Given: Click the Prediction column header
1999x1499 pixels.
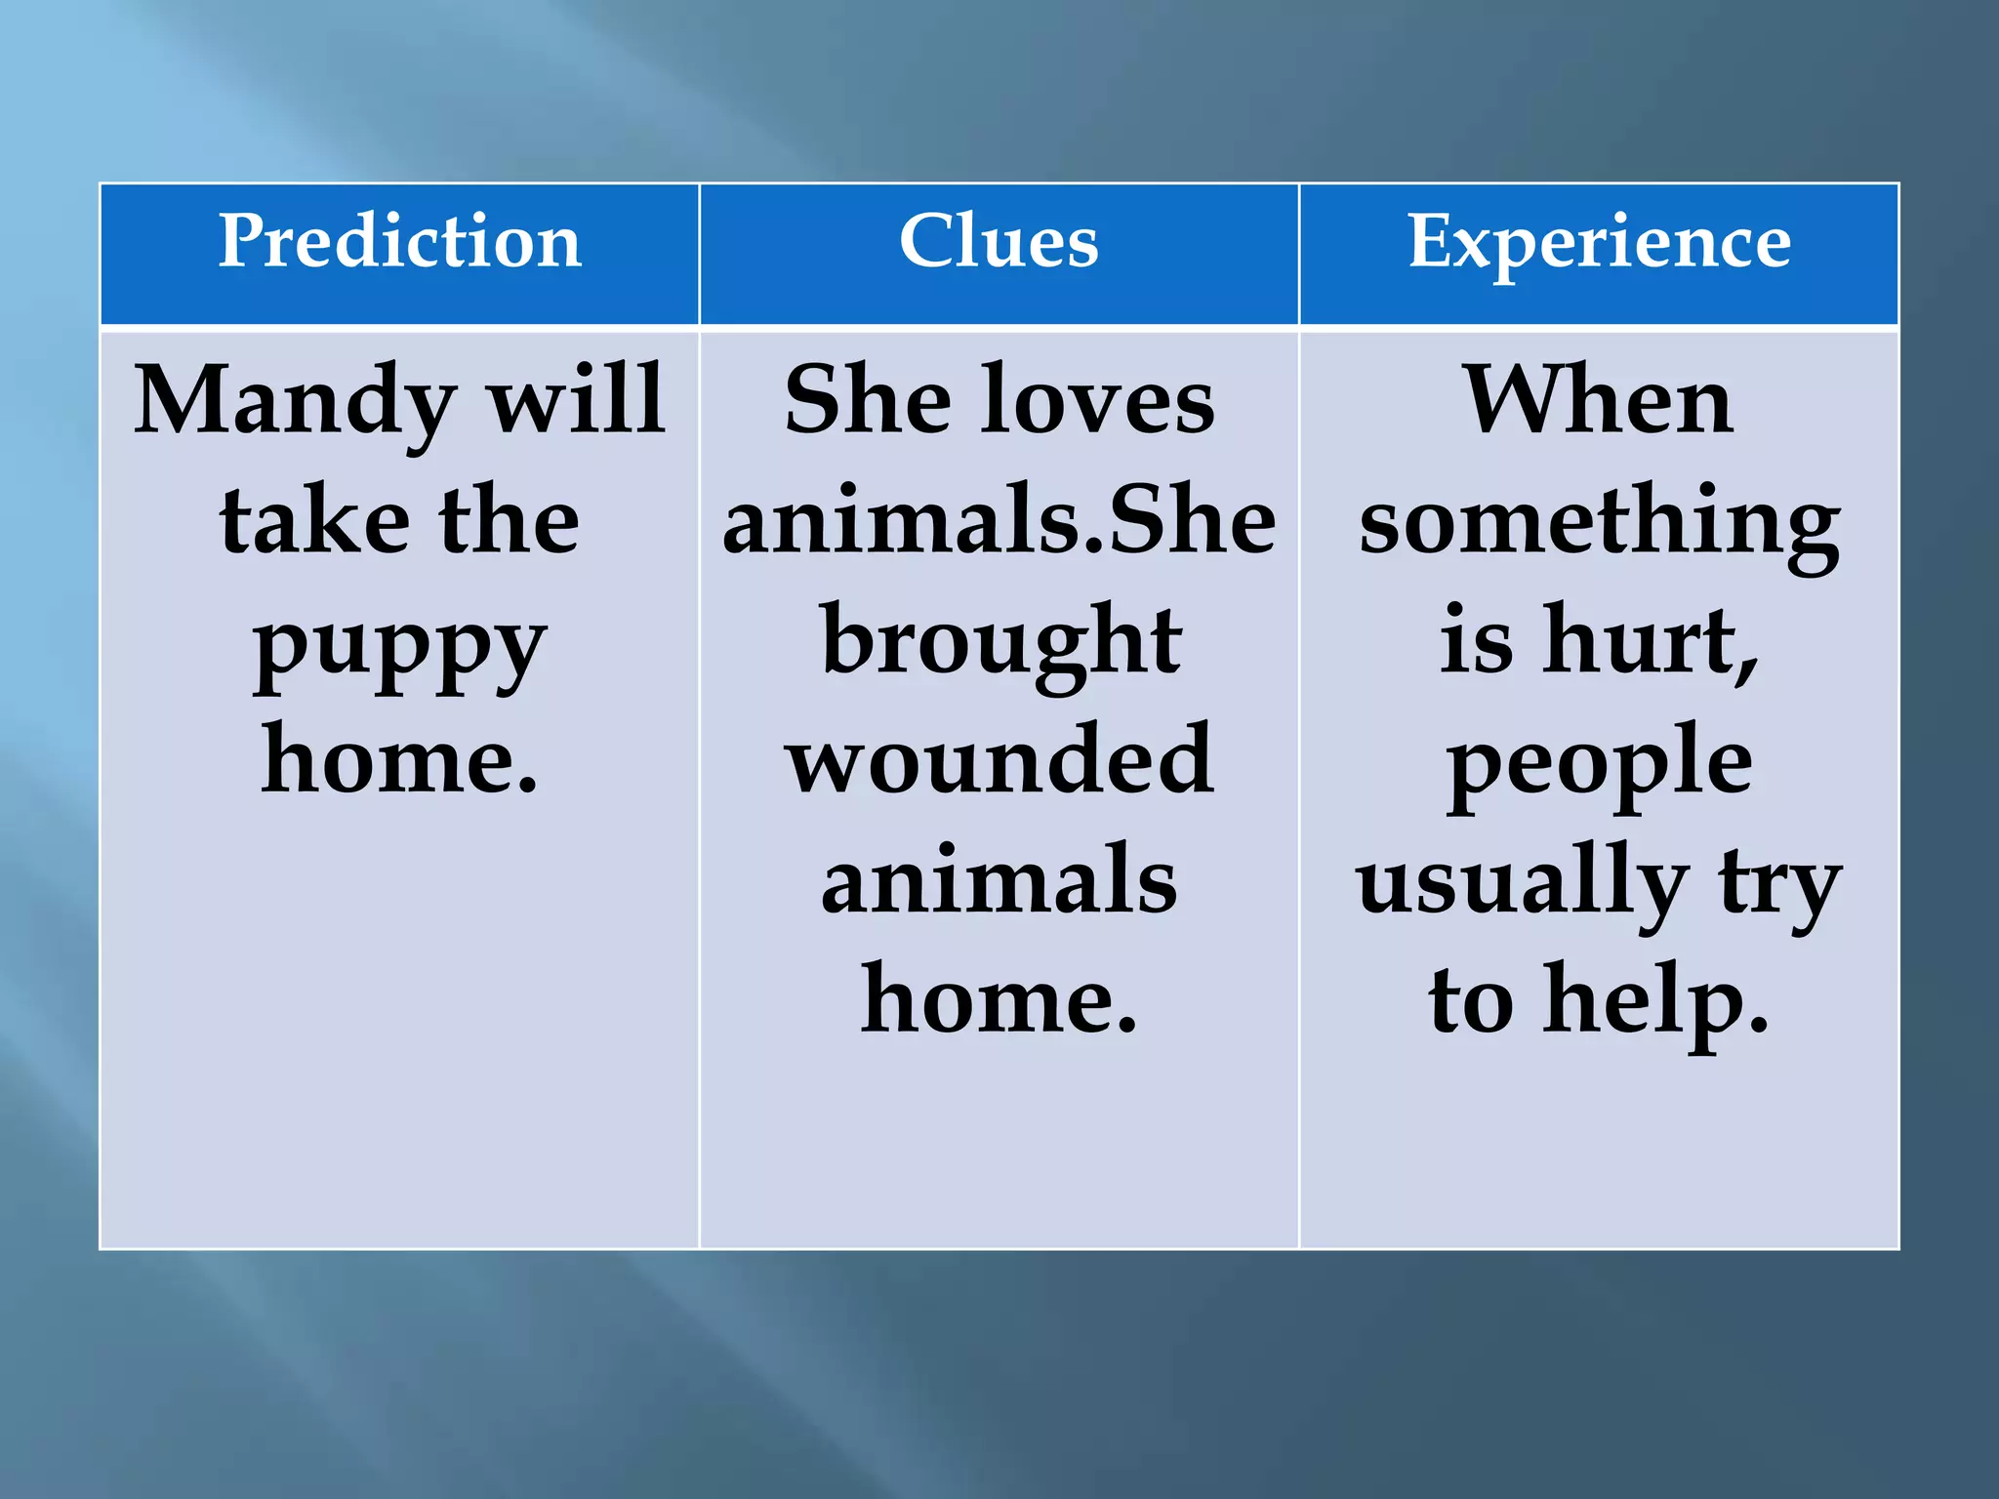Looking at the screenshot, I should [399, 241].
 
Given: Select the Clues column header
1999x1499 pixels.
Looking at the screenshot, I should [999, 241].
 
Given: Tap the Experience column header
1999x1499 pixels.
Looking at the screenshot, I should [1599, 243].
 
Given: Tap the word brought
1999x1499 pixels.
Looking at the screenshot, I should [1001, 644].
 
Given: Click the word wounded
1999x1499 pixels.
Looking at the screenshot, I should [999, 761].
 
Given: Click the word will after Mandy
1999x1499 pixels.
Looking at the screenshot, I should [576, 400].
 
